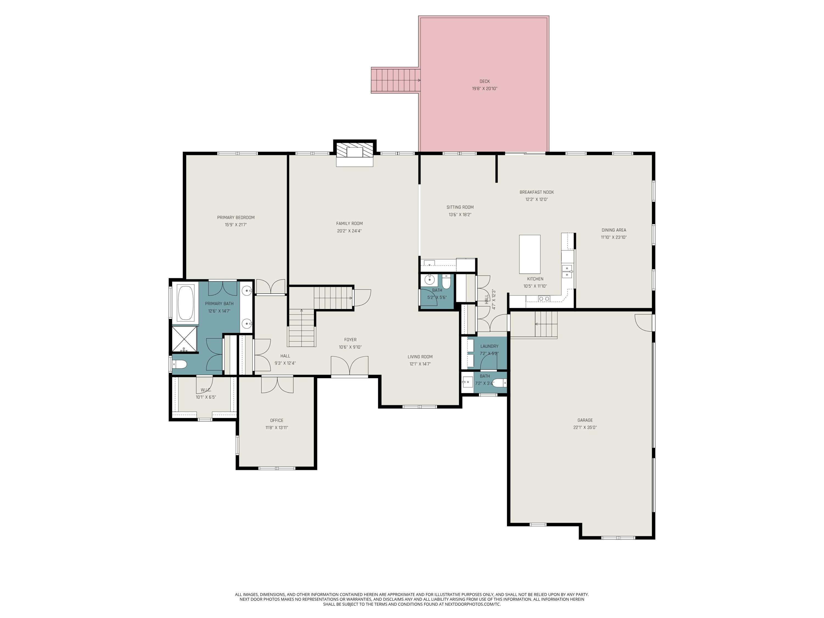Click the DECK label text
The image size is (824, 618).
tap(484, 81)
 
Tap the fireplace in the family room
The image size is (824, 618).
tap(354, 153)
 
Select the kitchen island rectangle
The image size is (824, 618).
tap(530, 254)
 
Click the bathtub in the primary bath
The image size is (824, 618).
tap(185, 302)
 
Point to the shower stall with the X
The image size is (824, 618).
tap(184, 339)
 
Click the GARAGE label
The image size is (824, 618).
tap(585, 420)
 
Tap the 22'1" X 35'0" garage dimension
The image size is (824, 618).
tap(585, 428)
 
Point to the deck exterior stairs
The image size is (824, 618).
tap(395, 80)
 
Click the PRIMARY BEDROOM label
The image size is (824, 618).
tap(236, 218)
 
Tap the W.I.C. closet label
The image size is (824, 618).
tap(206, 390)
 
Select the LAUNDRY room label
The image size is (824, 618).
tap(489, 346)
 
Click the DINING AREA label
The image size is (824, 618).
tap(614, 230)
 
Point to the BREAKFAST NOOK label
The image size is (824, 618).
tap(536, 192)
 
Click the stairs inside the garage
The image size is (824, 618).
tap(546, 324)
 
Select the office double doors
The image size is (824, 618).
tap(277, 385)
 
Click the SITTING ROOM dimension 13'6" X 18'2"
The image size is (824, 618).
tap(460, 215)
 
